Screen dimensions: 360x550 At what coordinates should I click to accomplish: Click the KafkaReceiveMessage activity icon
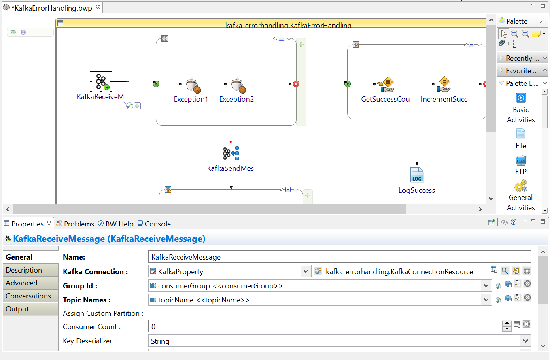(x=101, y=81)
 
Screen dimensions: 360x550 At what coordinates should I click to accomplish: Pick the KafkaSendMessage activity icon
(x=231, y=153)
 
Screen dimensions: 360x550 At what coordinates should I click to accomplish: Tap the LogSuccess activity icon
(x=416, y=175)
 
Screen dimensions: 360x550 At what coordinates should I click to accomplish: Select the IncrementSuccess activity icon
(x=444, y=84)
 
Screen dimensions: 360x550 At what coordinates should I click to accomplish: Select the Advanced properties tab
(x=21, y=283)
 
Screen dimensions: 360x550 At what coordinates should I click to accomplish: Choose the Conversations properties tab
(x=28, y=296)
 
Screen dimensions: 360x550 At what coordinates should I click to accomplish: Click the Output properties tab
(x=17, y=309)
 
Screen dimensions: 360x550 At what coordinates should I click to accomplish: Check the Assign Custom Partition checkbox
(x=152, y=313)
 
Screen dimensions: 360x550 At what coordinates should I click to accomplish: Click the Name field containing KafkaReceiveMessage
(x=339, y=257)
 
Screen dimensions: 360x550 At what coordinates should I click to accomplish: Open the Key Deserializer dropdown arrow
(x=525, y=341)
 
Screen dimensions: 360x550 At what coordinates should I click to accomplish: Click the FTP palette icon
(x=521, y=160)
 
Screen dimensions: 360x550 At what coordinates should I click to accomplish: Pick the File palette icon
(x=521, y=134)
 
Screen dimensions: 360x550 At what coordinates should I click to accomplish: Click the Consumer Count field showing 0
(x=324, y=326)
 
